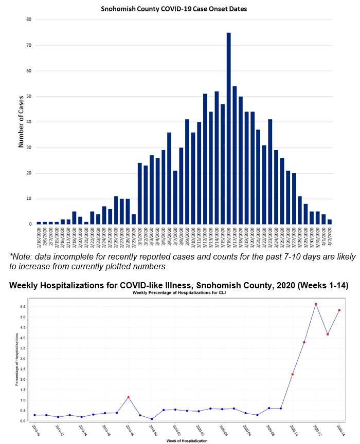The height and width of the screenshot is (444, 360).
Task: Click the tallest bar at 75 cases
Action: point(229,128)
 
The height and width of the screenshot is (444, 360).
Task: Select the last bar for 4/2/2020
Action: point(330,221)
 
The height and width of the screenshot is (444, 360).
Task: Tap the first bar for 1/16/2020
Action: point(39,223)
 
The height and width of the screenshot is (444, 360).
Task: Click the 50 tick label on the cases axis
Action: point(29,96)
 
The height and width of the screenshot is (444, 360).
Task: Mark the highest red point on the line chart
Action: point(316,304)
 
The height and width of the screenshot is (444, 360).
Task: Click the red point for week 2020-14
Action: point(339,310)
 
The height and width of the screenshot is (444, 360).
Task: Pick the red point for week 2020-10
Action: point(292,374)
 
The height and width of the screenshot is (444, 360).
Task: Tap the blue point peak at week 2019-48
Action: point(128,397)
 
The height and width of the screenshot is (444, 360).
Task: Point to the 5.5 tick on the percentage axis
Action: point(23,307)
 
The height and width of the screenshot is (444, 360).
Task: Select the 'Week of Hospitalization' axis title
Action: point(179,440)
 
